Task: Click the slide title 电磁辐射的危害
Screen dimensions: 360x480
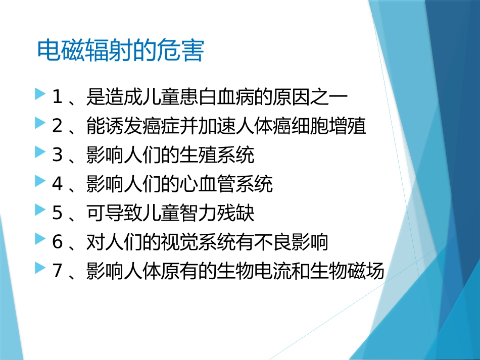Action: pyautogui.click(x=120, y=51)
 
